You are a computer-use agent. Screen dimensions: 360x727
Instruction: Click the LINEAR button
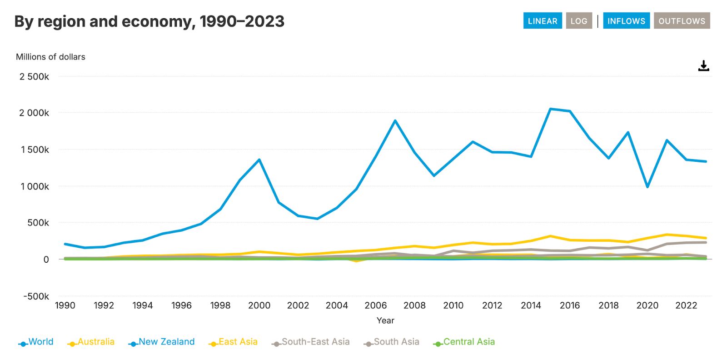(542, 21)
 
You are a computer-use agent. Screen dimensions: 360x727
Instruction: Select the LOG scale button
(578, 21)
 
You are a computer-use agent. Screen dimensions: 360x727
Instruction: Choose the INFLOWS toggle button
(626, 21)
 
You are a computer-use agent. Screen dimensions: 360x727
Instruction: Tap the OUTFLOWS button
(682, 21)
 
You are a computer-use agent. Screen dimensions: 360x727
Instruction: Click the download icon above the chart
(703, 66)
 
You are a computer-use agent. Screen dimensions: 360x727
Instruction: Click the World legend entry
(36, 342)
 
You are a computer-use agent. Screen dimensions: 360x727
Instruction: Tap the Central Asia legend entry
(464, 342)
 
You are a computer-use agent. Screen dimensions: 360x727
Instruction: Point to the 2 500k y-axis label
(34, 77)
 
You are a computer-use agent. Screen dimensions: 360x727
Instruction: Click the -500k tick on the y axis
(36, 296)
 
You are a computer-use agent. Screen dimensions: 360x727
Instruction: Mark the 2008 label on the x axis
(414, 305)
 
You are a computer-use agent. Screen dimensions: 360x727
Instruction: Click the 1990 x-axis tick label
(65, 305)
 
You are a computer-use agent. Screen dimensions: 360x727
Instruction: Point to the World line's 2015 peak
(550, 109)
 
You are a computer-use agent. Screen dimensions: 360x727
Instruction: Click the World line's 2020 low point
(647, 187)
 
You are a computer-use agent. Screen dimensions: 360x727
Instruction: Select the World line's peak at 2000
(259, 160)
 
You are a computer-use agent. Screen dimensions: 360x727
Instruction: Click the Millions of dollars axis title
(50, 57)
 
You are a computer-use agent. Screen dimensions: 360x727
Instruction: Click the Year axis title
(385, 320)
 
